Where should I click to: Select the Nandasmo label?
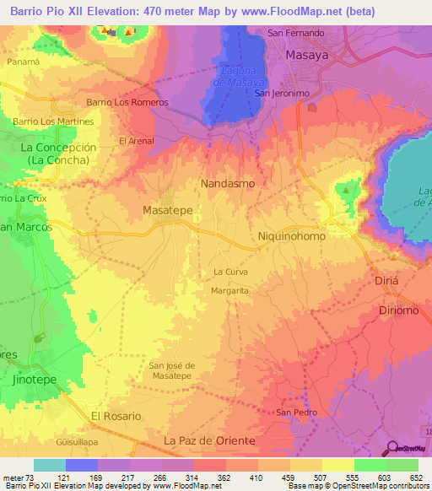[227, 182]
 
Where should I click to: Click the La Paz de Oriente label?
[209, 441]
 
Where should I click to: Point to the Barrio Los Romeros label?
[127, 102]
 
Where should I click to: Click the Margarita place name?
[229, 289]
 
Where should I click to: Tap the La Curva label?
[230, 272]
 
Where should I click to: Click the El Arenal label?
[136, 141]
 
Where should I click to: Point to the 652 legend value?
[414, 478]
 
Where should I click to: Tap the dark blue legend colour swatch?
[82, 465]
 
